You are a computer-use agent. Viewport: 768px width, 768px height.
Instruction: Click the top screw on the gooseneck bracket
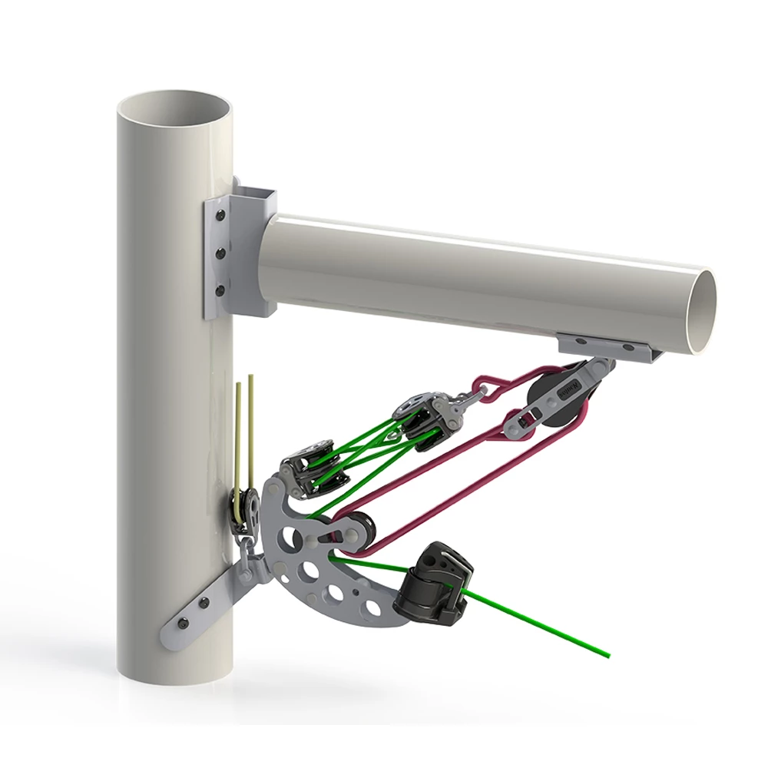click(x=220, y=217)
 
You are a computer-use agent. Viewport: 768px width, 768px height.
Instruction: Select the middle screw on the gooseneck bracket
click(x=220, y=253)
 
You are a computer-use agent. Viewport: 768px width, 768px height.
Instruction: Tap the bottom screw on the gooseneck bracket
click(x=220, y=291)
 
